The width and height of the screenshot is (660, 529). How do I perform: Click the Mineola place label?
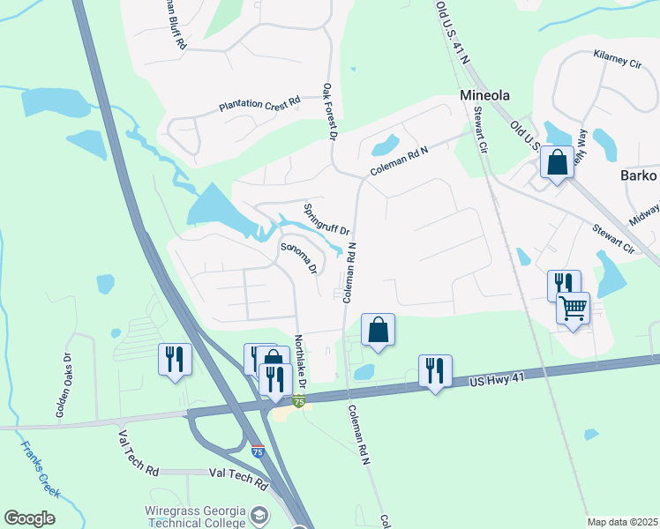[485, 95]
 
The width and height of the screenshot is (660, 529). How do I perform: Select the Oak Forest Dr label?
[330, 112]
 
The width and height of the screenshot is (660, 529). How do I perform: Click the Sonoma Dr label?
[298, 257]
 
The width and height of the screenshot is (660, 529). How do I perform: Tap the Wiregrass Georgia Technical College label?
[194, 517]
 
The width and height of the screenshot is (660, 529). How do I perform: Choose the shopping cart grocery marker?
[573, 309]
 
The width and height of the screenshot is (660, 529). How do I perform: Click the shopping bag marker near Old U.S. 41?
[557, 162]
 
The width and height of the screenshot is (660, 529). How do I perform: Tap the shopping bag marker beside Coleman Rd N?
[378, 331]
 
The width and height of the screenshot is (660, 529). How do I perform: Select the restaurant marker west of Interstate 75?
[175, 359]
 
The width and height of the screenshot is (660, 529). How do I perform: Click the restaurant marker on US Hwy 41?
[435, 370]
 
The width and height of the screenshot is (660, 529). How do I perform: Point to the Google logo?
[29, 518]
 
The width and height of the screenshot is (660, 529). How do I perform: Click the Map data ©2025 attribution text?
[622, 522]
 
